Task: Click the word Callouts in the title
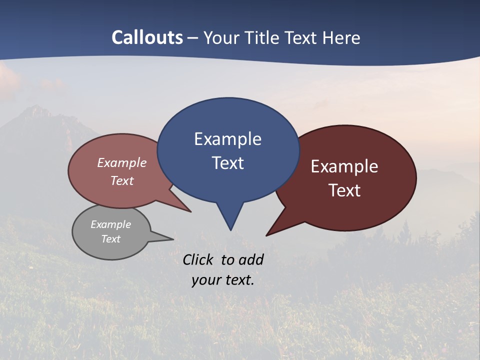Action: [x=147, y=37]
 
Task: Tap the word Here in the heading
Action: [x=341, y=37]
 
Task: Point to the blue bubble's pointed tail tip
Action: [x=230, y=230]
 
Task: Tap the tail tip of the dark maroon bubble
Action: [x=267, y=235]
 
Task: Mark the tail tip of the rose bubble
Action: [x=190, y=212]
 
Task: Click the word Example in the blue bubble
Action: [x=227, y=139]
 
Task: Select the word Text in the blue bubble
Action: [x=227, y=163]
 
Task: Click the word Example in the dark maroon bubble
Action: [x=344, y=166]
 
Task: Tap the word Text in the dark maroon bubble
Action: [x=344, y=190]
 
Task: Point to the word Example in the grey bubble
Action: [x=110, y=224]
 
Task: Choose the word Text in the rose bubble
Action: [x=122, y=181]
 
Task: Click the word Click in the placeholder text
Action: [x=199, y=259]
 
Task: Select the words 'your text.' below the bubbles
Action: [x=223, y=280]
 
